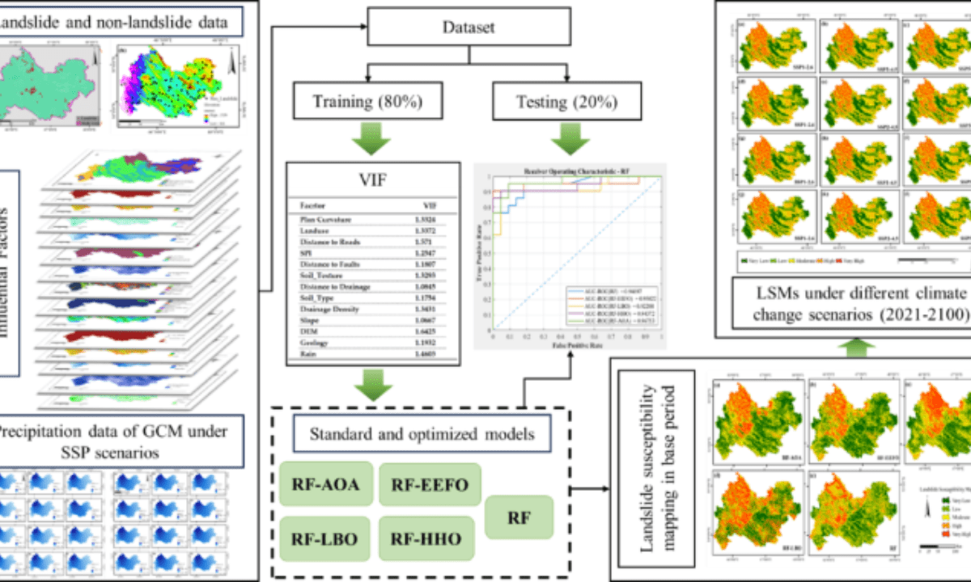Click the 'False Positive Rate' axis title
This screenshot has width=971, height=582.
[578, 346]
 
